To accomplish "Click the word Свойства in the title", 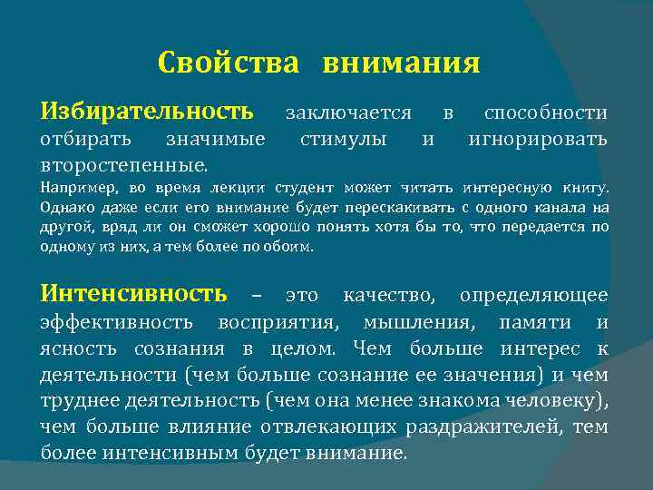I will (x=228, y=64).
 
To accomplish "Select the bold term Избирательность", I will (x=147, y=113).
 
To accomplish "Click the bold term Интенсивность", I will (x=134, y=295).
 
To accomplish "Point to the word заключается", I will (x=348, y=113).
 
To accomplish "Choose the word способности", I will (x=546, y=113).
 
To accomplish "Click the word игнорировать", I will (x=538, y=140).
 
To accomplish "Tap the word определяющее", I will (x=533, y=296).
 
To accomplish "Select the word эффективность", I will (x=117, y=322).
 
